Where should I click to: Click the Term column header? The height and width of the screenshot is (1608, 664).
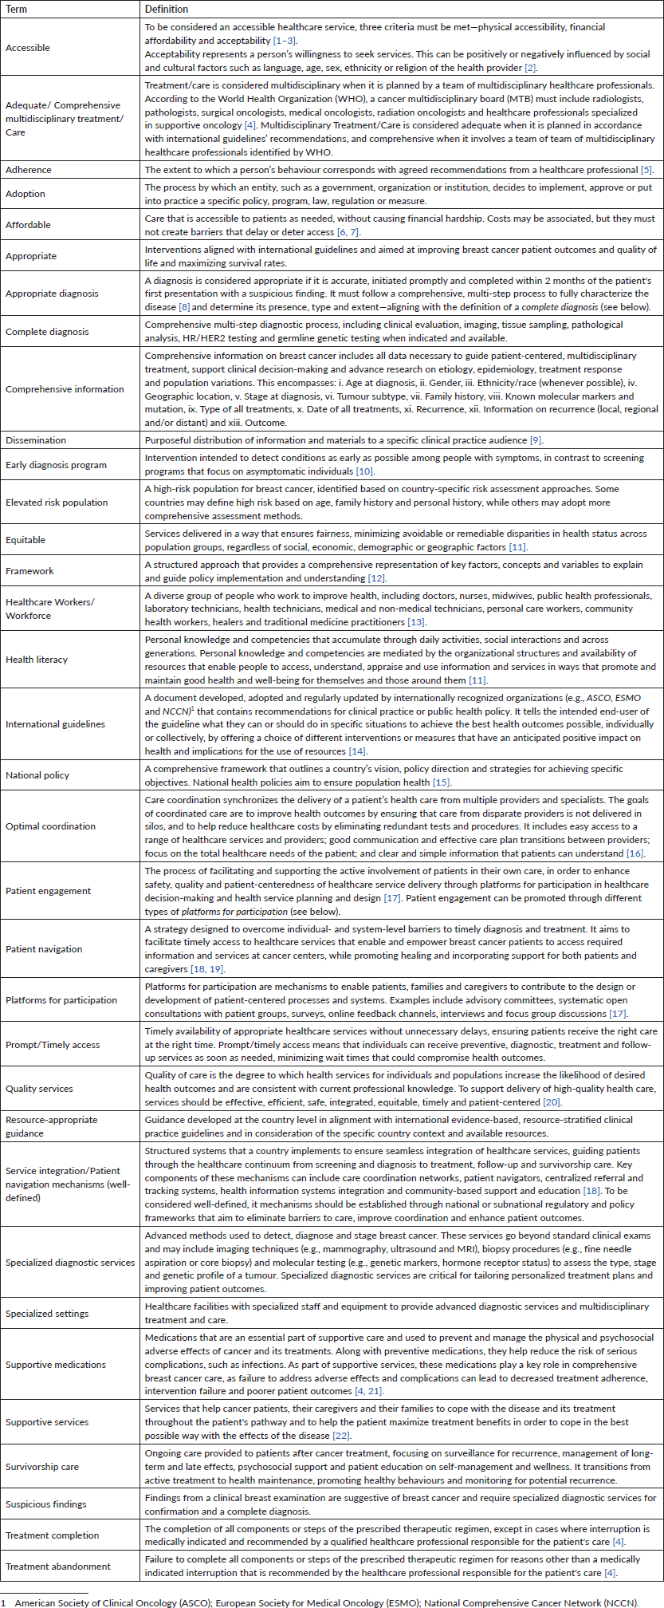16,9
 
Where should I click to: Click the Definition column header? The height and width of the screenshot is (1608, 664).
167,9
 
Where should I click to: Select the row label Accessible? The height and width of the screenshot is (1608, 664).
28,48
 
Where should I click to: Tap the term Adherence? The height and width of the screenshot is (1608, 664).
29,170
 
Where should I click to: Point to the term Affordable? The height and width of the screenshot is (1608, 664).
28,225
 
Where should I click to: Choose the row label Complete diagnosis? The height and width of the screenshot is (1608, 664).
47,332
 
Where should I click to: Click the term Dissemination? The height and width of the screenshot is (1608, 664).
36,440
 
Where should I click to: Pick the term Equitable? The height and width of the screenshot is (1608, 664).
26,540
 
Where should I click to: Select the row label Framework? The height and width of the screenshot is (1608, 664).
29,571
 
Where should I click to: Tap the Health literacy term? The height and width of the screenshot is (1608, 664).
37,660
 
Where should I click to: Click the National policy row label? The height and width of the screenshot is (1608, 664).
37,775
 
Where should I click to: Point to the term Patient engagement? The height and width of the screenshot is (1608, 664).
48,891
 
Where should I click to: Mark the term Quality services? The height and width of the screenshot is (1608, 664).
39,1089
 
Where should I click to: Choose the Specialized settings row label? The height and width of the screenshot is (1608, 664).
47,1314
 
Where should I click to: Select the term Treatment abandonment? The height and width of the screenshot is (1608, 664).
58,1567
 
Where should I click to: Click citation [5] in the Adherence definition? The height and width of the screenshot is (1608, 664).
646,170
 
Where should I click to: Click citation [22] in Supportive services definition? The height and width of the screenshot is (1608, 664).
341,1436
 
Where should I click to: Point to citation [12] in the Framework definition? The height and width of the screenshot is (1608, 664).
376,578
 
